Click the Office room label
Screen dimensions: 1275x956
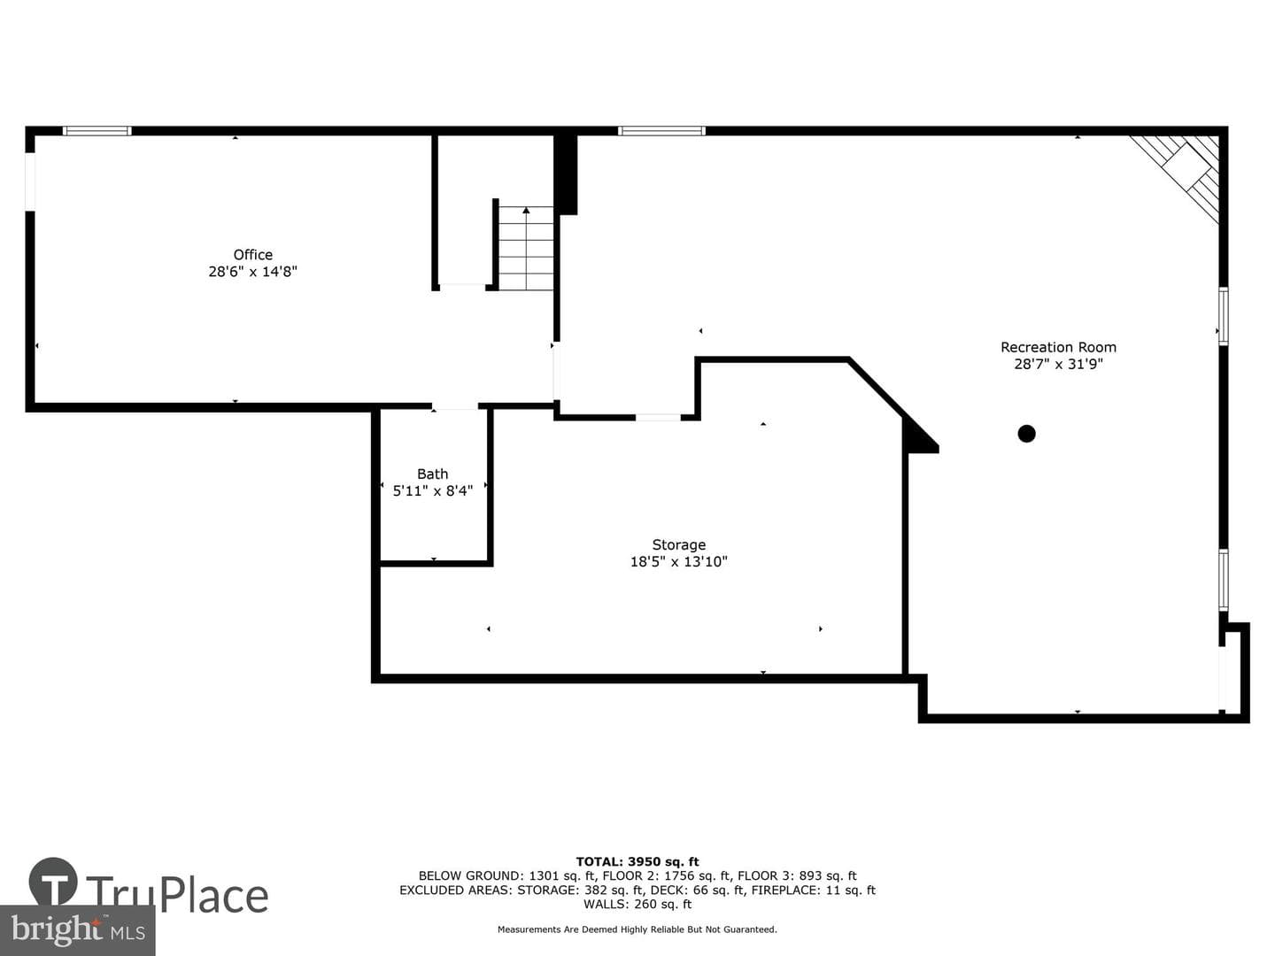pos(252,254)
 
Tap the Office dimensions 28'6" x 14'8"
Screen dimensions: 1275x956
pos(252,271)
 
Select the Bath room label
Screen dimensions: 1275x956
pos(433,474)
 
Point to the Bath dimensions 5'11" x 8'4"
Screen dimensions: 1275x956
pos(433,490)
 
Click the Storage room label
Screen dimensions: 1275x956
pos(678,545)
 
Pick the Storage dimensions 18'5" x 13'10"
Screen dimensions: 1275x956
pos(678,561)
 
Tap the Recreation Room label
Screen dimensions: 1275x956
pos(1058,347)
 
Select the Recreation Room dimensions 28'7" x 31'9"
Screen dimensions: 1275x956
pos(1058,364)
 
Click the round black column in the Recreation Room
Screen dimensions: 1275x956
pos(1026,434)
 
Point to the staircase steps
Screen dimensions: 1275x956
pos(526,248)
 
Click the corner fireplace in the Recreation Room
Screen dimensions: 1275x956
pos(1179,174)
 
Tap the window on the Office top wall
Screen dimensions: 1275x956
pos(97,131)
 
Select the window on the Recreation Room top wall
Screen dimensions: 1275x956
pos(661,131)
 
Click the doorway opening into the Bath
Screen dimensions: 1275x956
pos(455,405)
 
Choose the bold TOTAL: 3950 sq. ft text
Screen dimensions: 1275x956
pos(637,861)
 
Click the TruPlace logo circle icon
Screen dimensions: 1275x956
pos(53,883)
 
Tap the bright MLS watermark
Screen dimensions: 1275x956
pos(77,930)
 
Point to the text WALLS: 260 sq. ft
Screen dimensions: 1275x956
pos(637,904)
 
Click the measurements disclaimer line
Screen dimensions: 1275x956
pos(637,929)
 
